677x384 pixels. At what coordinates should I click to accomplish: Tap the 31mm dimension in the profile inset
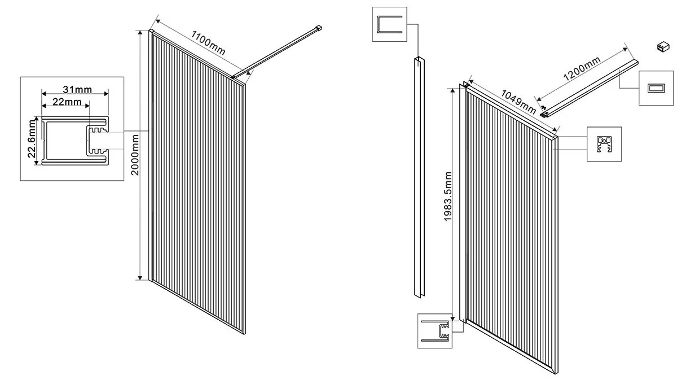74,89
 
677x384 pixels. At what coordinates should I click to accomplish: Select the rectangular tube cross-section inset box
656,88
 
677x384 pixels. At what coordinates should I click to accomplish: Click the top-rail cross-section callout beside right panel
604,144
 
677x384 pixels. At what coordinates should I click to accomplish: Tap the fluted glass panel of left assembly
197,186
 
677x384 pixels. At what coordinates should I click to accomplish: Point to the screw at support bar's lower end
543,107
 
